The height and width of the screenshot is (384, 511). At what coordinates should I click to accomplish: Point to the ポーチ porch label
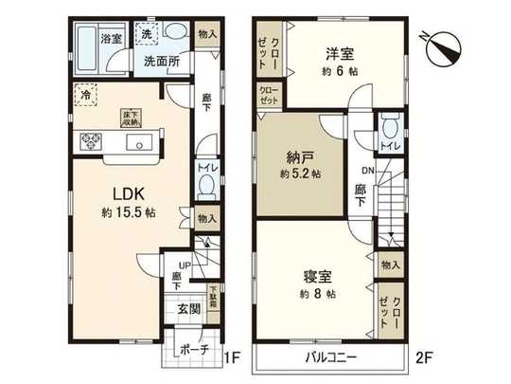pyautogui.click(x=193, y=349)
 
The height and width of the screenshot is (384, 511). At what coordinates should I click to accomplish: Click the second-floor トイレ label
pyautogui.click(x=387, y=147)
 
